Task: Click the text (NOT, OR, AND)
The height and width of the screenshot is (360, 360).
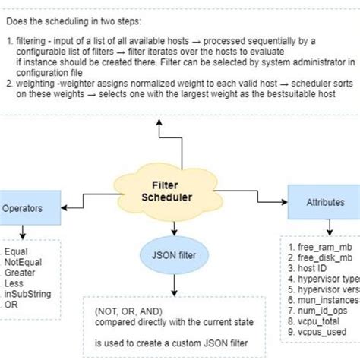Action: tap(129, 311)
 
